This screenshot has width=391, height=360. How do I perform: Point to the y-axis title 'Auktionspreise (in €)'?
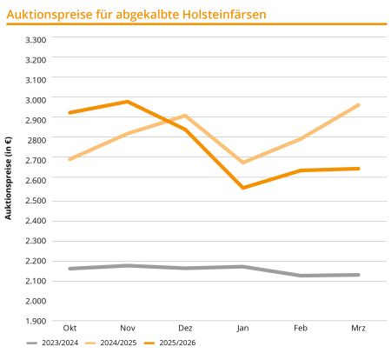(x=9, y=178)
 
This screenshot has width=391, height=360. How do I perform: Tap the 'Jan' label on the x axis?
(x=243, y=328)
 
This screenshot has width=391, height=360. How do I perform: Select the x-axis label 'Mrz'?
(x=359, y=328)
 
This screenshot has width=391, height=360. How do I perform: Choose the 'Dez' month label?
(x=185, y=328)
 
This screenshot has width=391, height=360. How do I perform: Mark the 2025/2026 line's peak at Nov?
(x=127, y=102)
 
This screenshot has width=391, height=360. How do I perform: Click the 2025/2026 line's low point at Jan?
(x=243, y=188)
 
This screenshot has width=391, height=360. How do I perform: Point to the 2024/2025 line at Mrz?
(x=359, y=105)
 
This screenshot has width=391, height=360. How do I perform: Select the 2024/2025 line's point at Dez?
(x=185, y=116)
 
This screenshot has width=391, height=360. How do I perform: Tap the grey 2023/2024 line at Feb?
(x=301, y=276)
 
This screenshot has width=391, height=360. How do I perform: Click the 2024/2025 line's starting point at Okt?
(x=69, y=159)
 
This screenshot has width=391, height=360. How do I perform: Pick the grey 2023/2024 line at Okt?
(x=69, y=269)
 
